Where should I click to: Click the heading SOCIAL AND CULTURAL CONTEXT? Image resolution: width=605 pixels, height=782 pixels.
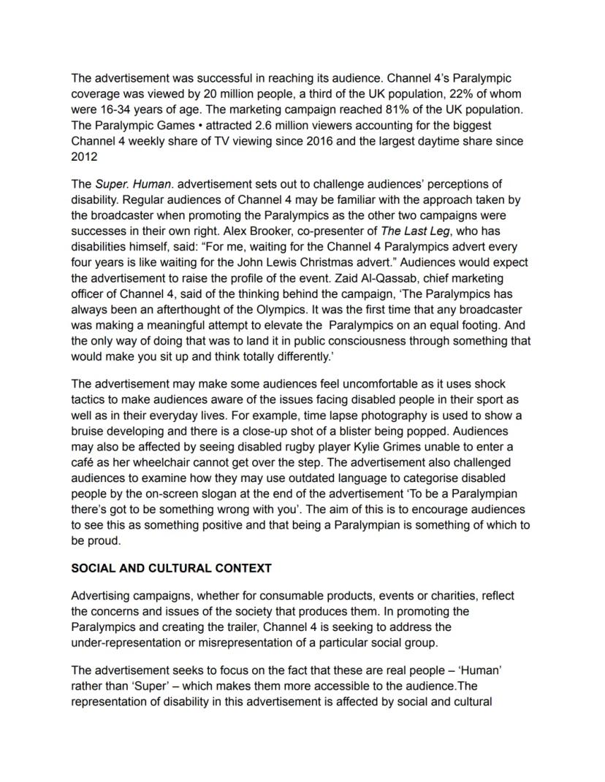[171, 568]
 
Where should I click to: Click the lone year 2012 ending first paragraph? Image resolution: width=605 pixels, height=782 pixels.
[83, 157]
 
